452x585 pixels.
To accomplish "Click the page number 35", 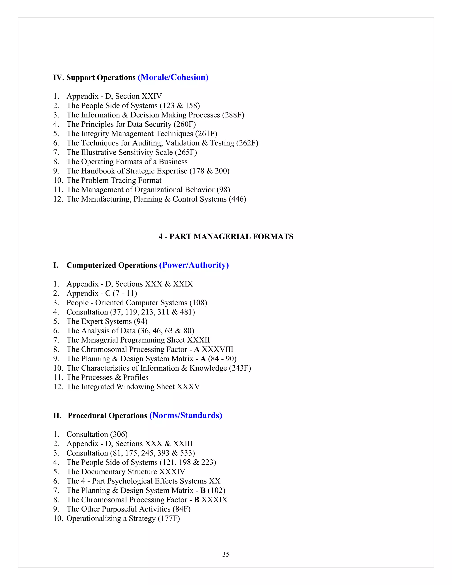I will click(x=226, y=554).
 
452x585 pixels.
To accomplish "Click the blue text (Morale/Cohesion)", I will click(x=173, y=77).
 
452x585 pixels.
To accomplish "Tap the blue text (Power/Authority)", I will click(x=194, y=265).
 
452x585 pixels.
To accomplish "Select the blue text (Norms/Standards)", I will click(x=186, y=415).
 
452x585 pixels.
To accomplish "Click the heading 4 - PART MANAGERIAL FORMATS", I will click(x=226, y=236).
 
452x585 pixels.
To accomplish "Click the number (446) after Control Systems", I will click(x=237, y=199).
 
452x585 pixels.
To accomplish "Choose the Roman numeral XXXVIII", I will click(x=217, y=349).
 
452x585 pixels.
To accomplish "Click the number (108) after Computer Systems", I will click(x=198, y=303).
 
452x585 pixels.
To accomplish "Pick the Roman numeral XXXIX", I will click(x=214, y=500).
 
